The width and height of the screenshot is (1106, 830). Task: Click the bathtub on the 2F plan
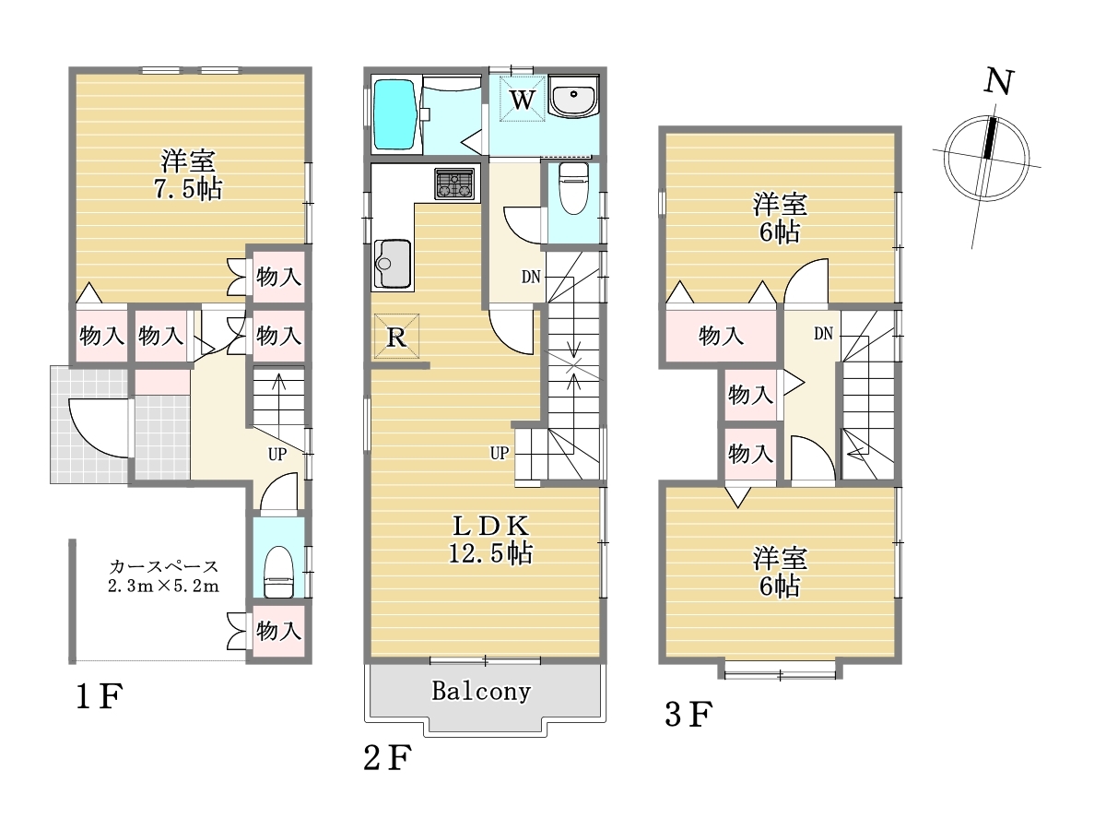[395, 115]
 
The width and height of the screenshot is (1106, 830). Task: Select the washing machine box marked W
[522, 99]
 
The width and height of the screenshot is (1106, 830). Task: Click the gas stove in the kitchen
[455, 184]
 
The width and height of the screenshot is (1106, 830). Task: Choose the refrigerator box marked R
[396, 336]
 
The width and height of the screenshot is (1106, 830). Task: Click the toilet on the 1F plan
[278, 572]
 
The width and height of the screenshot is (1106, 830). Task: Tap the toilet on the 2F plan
[574, 188]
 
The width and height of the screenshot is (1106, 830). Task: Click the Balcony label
[481, 692]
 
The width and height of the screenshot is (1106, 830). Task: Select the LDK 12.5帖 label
[490, 540]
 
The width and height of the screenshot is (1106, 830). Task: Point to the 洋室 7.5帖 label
[188, 175]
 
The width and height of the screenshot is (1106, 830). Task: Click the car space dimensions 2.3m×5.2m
[164, 587]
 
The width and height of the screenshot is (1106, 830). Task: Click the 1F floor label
[99, 697]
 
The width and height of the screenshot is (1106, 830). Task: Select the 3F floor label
[688, 715]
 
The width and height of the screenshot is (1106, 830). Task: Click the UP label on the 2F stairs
[500, 454]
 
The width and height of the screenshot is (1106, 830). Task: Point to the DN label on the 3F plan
[823, 334]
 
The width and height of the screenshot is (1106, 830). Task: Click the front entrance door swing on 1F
[99, 428]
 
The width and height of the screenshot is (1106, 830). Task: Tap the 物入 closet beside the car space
[278, 631]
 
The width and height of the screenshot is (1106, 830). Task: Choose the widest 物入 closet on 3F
[721, 336]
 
